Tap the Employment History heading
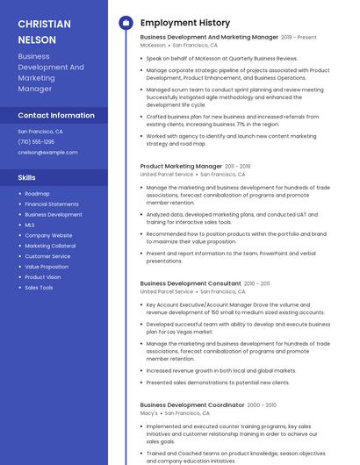click(185, 23)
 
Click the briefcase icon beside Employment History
click(125, 23)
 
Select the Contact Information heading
click(56, 115)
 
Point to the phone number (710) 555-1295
click(36, 141)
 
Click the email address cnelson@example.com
click(47, 152)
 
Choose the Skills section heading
click(27, 177)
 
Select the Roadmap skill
click(37, 193)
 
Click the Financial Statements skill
click(52, 204)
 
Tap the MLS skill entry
click(30, 225)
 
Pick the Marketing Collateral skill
click(50, 246)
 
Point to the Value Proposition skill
click(47, 267)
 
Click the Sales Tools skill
click(39, 288)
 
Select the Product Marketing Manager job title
click(181, 166)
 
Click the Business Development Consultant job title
click(191, 283)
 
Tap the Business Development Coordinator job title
click(192, 404)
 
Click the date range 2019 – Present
click(299, 38)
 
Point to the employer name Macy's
click(149, 413)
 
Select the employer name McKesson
click(153, 45)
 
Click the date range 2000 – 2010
click(262, 405)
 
